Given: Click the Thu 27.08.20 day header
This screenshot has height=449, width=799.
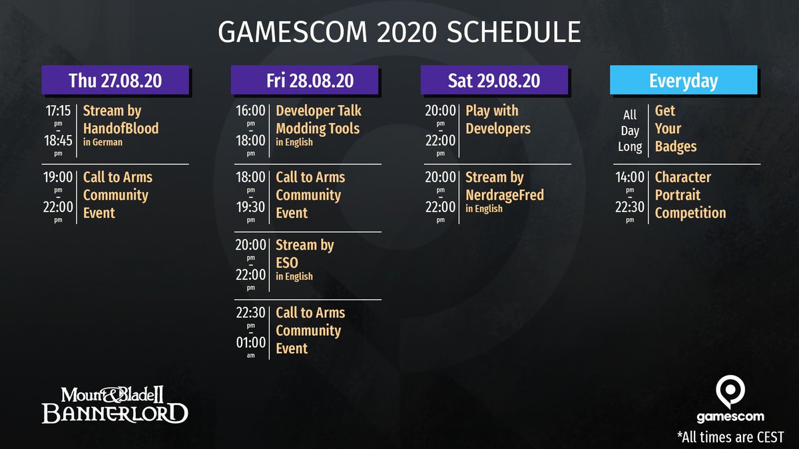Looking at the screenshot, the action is point(115,80).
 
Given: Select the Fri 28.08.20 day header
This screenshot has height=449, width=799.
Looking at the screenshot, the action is point(305,80).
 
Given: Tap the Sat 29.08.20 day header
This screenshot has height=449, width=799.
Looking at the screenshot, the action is point(494,80).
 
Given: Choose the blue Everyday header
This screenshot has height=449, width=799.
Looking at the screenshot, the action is point(683,80).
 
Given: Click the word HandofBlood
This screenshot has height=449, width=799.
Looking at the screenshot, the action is point(121,128).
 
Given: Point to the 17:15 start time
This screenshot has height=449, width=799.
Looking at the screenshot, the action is point(58,111).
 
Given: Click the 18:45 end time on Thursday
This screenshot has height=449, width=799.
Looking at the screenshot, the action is point(58,140).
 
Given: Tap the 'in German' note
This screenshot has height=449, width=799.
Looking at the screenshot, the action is point(103,142).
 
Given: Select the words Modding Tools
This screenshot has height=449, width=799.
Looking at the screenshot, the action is point(318,128).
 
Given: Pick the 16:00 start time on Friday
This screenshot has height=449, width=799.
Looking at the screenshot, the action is point(250,111).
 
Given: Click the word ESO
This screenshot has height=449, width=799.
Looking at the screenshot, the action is point(287,263).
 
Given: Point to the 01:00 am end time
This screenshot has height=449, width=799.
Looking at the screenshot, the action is point(251,343).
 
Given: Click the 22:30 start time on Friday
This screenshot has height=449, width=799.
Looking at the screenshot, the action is point(251,313).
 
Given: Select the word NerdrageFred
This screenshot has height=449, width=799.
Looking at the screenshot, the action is point(505,195).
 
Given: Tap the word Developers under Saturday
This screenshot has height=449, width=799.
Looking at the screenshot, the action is point(498,128).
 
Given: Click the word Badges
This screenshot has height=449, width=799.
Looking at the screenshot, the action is point(676,146).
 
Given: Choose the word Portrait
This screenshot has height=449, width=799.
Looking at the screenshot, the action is point(678,195).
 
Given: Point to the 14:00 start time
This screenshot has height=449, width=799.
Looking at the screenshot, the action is point(630,177).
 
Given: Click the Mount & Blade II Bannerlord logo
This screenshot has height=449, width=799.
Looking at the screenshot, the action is point(115,405).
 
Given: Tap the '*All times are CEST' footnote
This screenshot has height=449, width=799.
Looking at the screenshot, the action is point(730,437).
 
